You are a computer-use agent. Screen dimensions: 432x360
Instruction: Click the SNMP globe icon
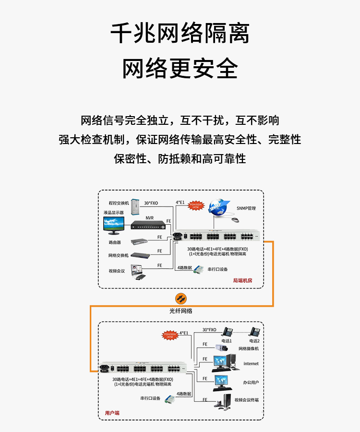pyautogui.click(x=218, y=205)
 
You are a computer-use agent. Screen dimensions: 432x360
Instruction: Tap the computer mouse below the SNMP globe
pyautogui.click(x=235, y=219)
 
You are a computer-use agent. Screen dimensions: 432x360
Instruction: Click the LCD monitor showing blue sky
pyautogui.click(x=114, y=223)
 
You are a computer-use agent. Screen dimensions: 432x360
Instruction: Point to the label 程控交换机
pyautogui.click(x=119, y=203)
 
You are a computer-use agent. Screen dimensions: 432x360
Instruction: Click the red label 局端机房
pyautogui.click(x=242, y=280)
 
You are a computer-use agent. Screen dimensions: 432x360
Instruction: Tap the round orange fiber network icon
pyautogui.click(x=181, y=298)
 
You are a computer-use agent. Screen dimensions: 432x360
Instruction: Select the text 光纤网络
pyautogui.click(x=180, y=311)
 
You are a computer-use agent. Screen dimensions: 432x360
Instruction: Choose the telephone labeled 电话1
pyautogui.click(x=228, y=331)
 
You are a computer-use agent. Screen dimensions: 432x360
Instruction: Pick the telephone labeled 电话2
pyautogui.click(x=254, y=331)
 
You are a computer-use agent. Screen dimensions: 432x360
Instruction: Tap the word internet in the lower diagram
pyautogui.click(x=251, y=364)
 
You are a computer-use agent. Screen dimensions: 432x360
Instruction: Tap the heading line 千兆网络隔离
pyautogui.click(x=180, y=34)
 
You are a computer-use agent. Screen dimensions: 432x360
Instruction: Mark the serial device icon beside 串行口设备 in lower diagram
pyautogui.click(x=169, y=399)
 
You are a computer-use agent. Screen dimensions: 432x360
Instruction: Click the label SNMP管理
pyautogui.click(x=246, y=208)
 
